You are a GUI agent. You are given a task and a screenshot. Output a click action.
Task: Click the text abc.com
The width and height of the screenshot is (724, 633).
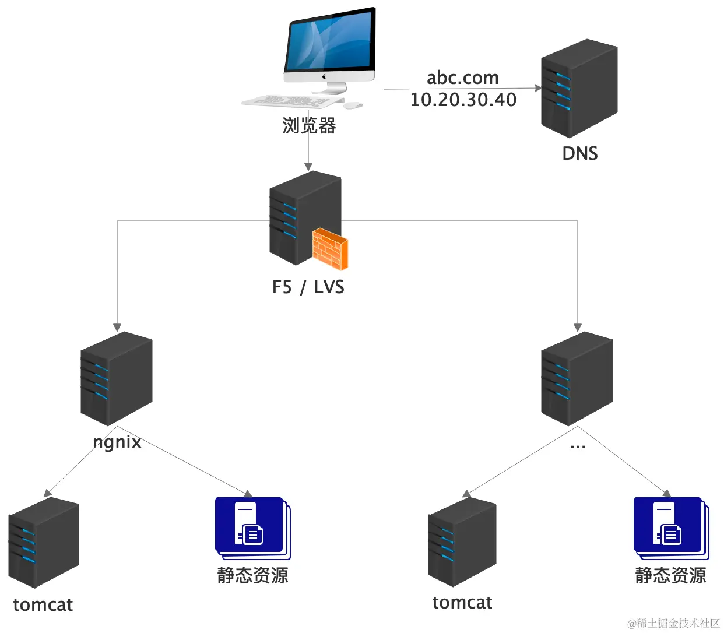(462, 78)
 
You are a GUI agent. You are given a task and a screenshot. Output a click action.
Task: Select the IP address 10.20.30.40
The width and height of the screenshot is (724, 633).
(463, 100)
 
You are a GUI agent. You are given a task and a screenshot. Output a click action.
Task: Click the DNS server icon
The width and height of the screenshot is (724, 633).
(579, 89)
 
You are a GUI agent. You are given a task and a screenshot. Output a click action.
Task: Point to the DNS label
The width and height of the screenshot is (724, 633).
(579, 153)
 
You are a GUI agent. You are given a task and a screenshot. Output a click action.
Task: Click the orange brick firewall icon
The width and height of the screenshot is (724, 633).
(330, 249)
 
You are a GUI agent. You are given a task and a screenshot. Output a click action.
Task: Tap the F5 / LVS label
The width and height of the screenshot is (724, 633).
(308, 287)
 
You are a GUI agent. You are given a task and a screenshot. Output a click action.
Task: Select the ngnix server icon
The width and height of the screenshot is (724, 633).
(117, 378)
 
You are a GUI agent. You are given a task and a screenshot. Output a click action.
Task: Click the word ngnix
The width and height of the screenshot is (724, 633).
(117, 442)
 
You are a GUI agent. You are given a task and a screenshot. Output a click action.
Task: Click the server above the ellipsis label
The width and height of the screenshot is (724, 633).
(577, 378)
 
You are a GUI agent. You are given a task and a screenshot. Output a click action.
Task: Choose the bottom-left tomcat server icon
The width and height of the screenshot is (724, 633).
(44, 543)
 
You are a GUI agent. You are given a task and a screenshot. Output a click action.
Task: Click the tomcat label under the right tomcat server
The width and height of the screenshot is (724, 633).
(462, 602)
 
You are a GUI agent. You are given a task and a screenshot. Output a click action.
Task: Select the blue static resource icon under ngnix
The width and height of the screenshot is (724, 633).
(252, 527)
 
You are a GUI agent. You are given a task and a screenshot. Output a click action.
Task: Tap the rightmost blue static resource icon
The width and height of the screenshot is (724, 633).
(670, 527)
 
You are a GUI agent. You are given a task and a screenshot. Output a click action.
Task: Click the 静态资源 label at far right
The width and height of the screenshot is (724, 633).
(670, 575)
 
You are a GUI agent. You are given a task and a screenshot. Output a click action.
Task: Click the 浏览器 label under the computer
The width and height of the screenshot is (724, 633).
(309, 125)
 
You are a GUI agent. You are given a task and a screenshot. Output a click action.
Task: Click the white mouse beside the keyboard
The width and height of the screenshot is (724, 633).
(352, 105)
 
